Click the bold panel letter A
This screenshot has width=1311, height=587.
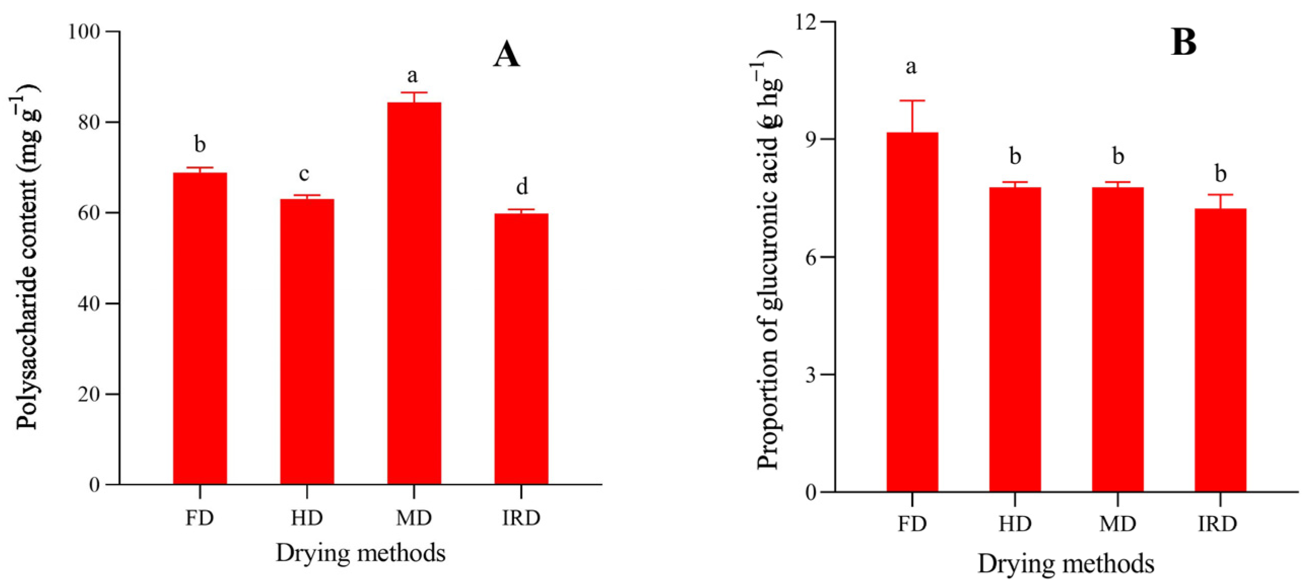point(507,55)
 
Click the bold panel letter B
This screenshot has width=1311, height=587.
point(1184,43)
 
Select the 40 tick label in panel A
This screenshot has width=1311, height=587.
point(88,304)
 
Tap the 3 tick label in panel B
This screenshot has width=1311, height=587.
point(811,375)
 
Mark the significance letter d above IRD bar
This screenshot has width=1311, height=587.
point(522,187)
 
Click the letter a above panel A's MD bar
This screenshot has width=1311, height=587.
point(412,76)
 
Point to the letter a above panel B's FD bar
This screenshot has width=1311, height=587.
point(911,66)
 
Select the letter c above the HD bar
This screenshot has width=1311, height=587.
point(304,175)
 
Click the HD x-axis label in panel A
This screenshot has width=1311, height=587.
point(307,519)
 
